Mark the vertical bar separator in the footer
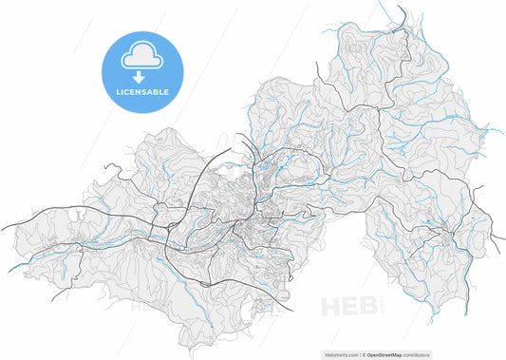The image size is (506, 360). pos(365,352)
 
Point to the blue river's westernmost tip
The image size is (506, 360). pos(9,272)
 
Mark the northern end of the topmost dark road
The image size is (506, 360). pos(400,8)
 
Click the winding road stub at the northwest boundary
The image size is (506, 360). pos(105,170)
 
